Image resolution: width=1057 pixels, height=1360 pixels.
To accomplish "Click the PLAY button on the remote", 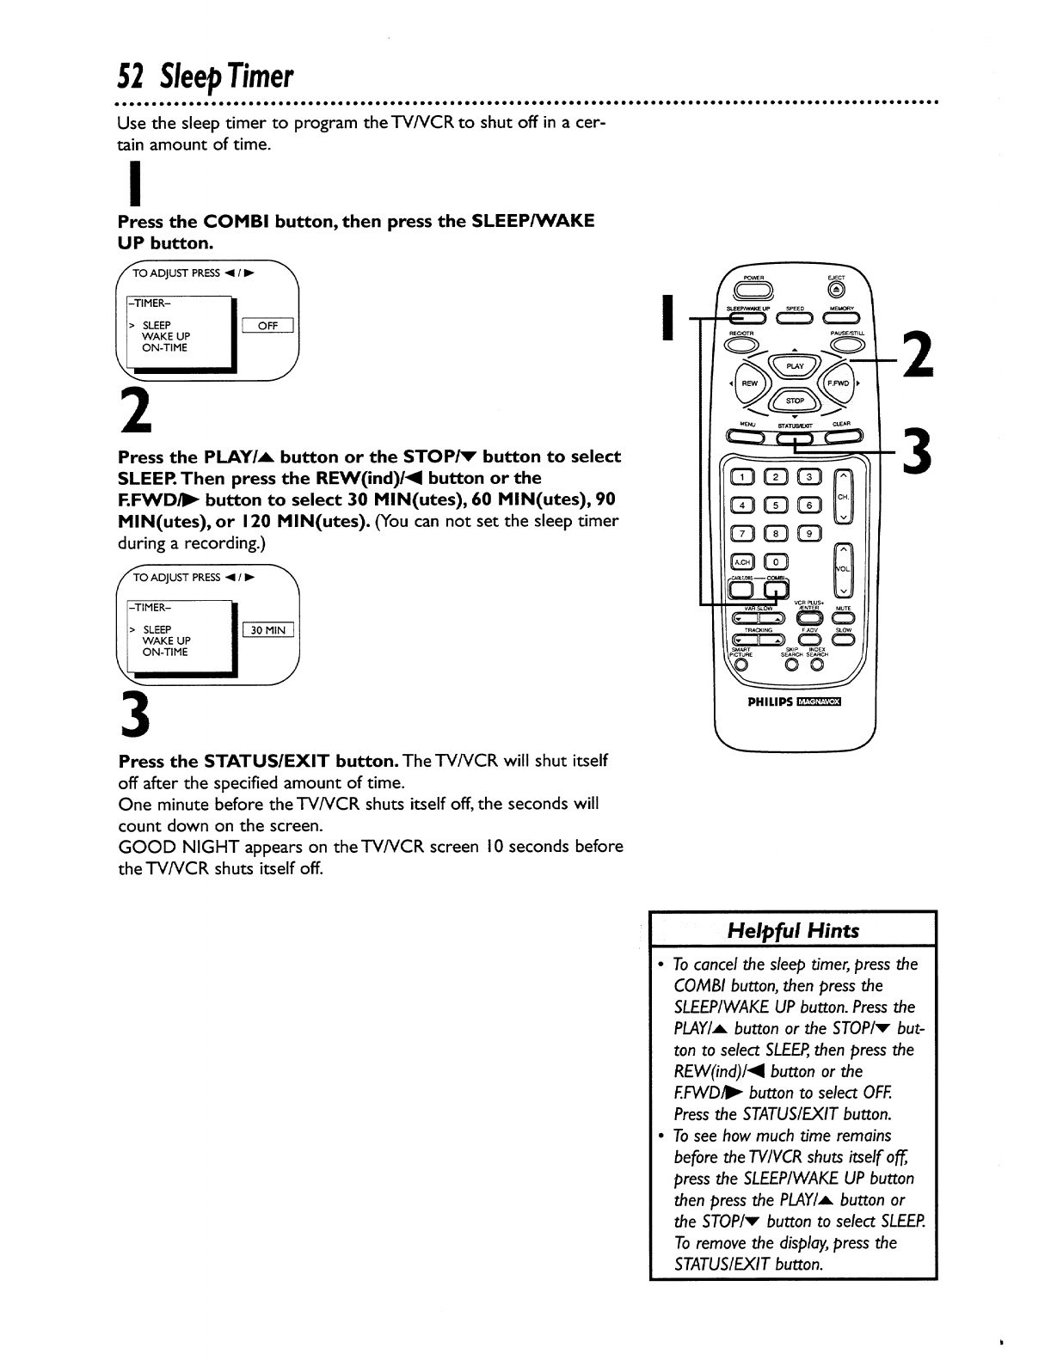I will (795, 365).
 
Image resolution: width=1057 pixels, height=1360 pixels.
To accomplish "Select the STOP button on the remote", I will (794, 401).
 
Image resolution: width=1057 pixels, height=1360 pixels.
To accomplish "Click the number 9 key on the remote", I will (808, 533).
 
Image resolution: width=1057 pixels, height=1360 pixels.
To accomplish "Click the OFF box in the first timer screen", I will (267, 325).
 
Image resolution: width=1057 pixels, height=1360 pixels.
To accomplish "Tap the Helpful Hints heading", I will (793, 930).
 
